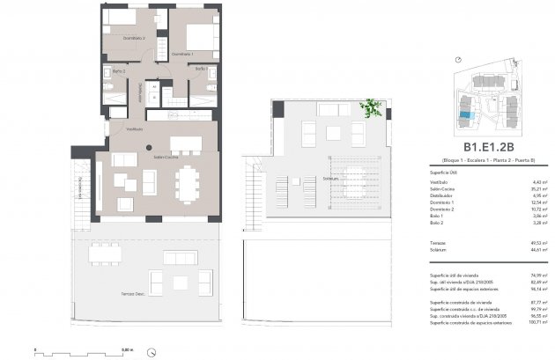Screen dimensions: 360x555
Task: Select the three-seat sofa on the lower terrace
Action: pos(180,258)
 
